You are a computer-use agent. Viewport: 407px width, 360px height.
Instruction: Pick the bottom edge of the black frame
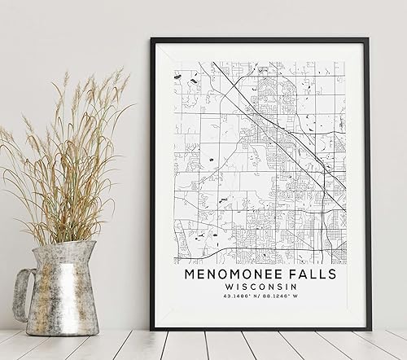260,328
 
